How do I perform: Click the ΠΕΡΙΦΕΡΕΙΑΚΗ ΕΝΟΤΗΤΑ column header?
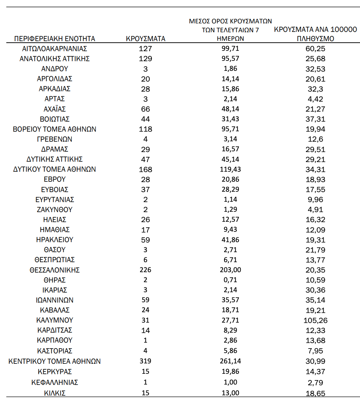[x=55, y=39]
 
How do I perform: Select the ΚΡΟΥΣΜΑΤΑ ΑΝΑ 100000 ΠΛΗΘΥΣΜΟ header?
[x=316, y=34]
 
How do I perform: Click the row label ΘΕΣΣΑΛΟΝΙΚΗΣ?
[x=55, y=270]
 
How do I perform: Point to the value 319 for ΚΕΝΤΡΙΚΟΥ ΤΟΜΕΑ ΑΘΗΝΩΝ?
[x=145, y=361]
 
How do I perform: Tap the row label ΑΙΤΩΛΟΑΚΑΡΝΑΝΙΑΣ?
[x=55, y=49]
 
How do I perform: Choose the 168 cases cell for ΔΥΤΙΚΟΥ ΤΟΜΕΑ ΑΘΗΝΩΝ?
[x=145, y=169]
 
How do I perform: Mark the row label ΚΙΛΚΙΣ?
[x=55, y=393]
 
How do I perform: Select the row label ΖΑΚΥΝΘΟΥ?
[x=55, y=210]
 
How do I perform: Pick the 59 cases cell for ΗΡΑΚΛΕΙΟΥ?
[x=145, y=240]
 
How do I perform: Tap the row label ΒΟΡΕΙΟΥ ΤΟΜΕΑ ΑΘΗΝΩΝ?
[x=55, y=129]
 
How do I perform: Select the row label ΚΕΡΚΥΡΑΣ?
[x=55, y=372]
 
